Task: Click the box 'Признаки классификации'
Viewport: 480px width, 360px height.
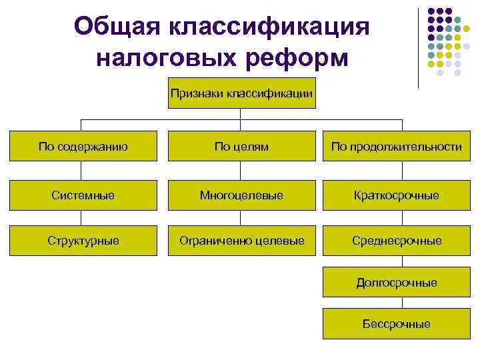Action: click(x=241, y=94)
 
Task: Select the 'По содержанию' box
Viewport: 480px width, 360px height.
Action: click(x=83, y=147)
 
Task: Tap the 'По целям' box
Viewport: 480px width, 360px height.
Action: click(x=241, y=147)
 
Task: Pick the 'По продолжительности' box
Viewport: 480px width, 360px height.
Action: click(x=397, y=147)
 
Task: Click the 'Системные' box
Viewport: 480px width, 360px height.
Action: click(x=83, y=195)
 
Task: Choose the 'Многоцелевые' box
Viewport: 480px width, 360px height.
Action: click(x=241, y=195)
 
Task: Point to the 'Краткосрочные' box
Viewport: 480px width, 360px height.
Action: click(x=397, y=195)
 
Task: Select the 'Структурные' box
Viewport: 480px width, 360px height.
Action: click(x=83, y=240)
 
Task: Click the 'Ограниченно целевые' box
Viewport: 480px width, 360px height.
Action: click(x=241, y=240)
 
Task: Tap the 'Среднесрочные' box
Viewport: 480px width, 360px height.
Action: click(x=397, y=240)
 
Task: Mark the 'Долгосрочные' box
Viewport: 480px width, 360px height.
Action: click(x=397, y=283)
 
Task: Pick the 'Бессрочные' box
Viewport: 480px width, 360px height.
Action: click(x=397, y=324)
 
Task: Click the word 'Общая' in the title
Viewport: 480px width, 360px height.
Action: click(x=118, y=27)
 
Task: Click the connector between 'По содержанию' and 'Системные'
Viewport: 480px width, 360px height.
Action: click(x=81, y=171)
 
